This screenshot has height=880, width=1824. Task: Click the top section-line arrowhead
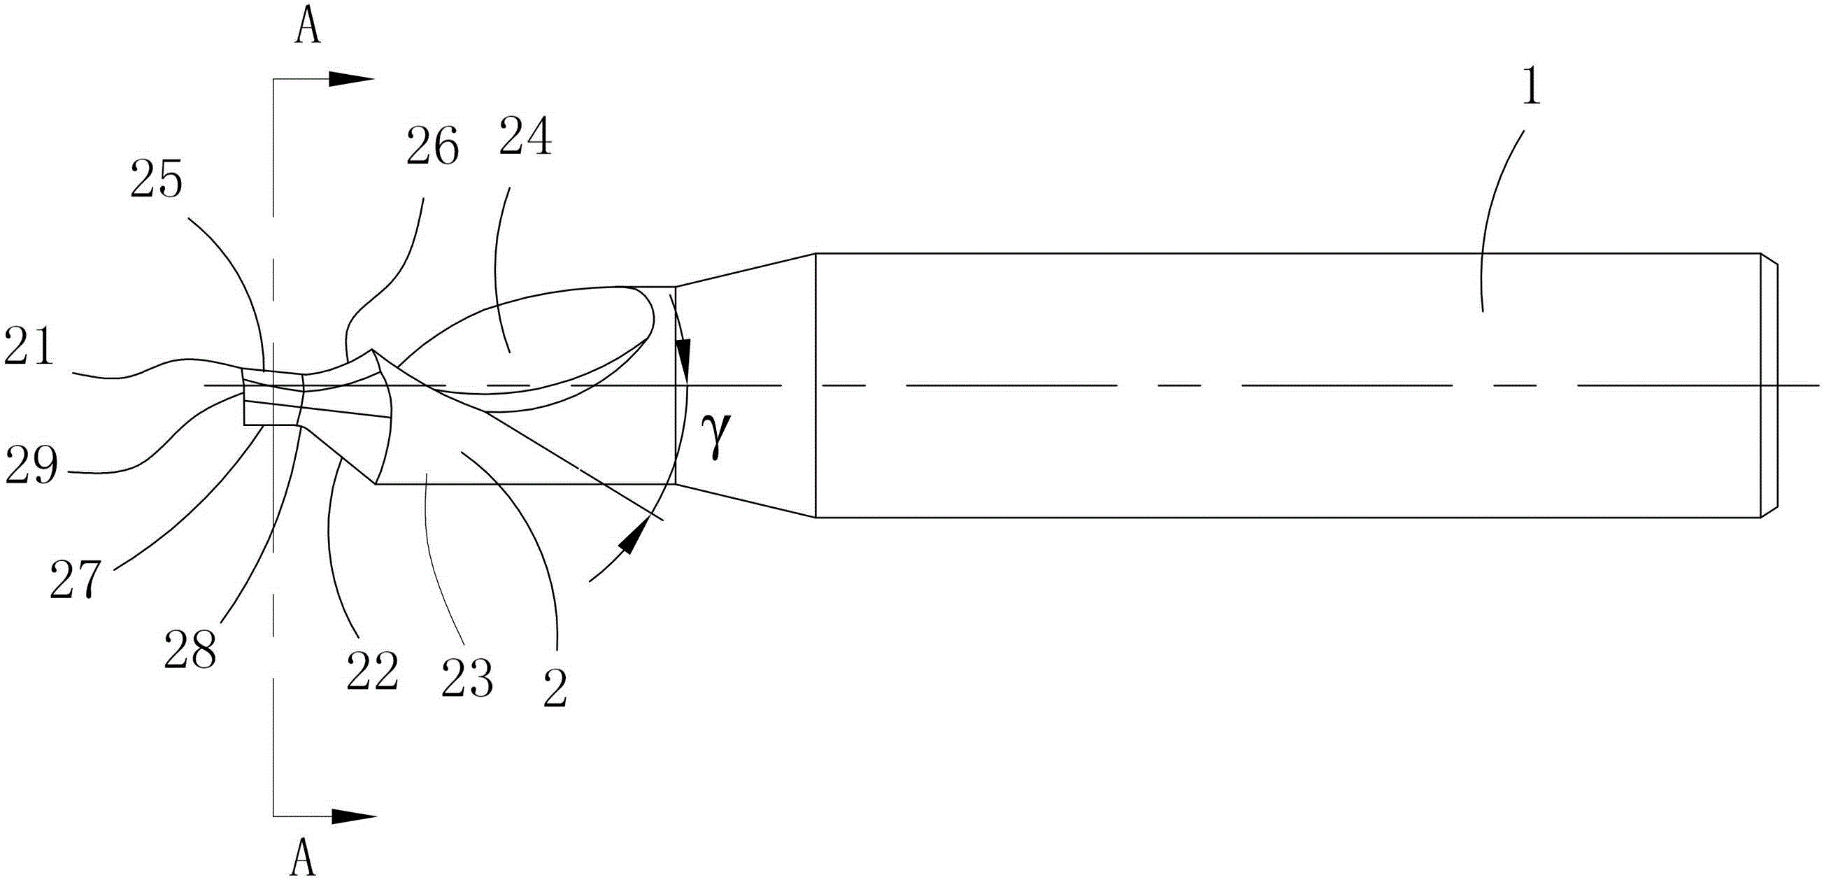click(x=351, y=79)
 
